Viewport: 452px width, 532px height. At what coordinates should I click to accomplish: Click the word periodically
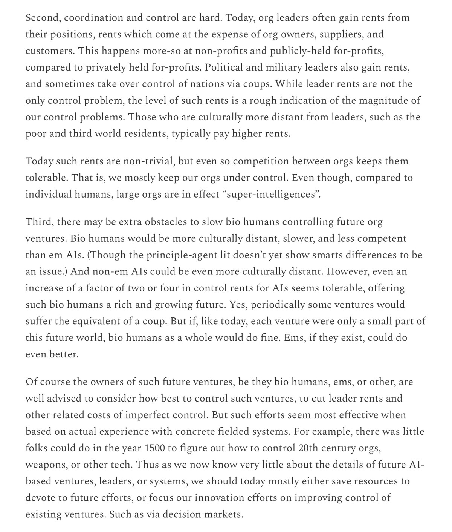click(x=275, y=305)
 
